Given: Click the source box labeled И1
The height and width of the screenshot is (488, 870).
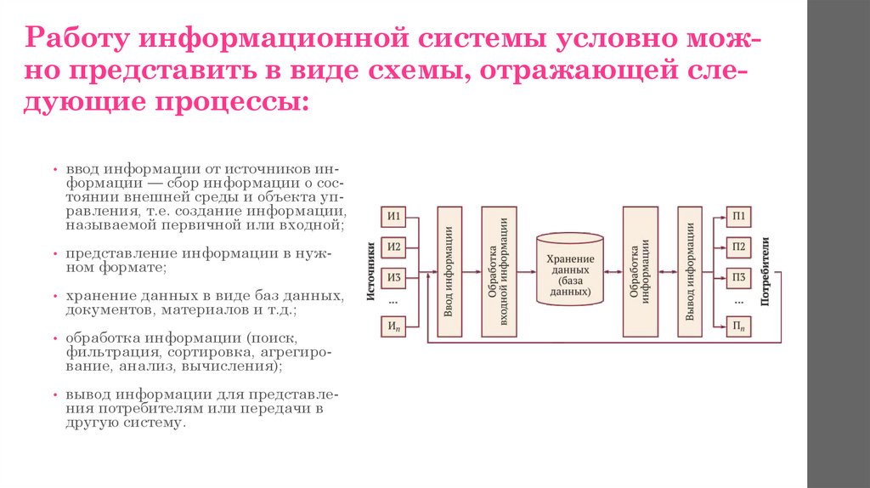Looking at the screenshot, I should (394, 216).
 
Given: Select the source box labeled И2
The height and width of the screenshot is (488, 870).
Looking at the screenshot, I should (394, 247).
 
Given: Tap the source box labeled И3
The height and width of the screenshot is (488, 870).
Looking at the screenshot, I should (394, 278).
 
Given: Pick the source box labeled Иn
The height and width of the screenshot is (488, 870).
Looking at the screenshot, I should (394, 326).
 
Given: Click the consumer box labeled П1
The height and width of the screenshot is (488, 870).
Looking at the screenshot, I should (739, 216).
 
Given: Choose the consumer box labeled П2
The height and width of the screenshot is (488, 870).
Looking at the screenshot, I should (739, 247).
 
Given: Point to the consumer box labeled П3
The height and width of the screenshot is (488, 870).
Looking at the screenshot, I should (739, 278).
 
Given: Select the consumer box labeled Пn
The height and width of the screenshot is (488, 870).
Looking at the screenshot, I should (739, 326).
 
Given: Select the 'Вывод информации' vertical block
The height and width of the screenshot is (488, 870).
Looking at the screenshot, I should (690, 271).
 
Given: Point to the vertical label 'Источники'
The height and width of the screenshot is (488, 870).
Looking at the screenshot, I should (370, 271).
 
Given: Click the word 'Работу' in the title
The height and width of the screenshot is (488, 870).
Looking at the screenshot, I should (76, 39).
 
